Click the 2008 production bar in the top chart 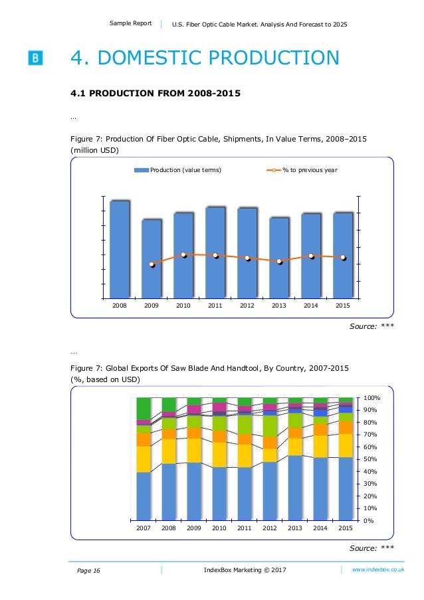(120, 249)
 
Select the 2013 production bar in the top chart (279, 257)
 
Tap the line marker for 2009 (152, 264)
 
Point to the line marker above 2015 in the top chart (343, 257)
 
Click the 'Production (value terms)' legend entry (177, 170)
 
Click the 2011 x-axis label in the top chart (215, 306)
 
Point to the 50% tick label (370, 459)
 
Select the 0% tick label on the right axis (368, 520)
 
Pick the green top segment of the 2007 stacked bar (144, 408)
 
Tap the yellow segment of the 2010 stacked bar (219, 454)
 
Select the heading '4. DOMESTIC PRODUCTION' (205, 58)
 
